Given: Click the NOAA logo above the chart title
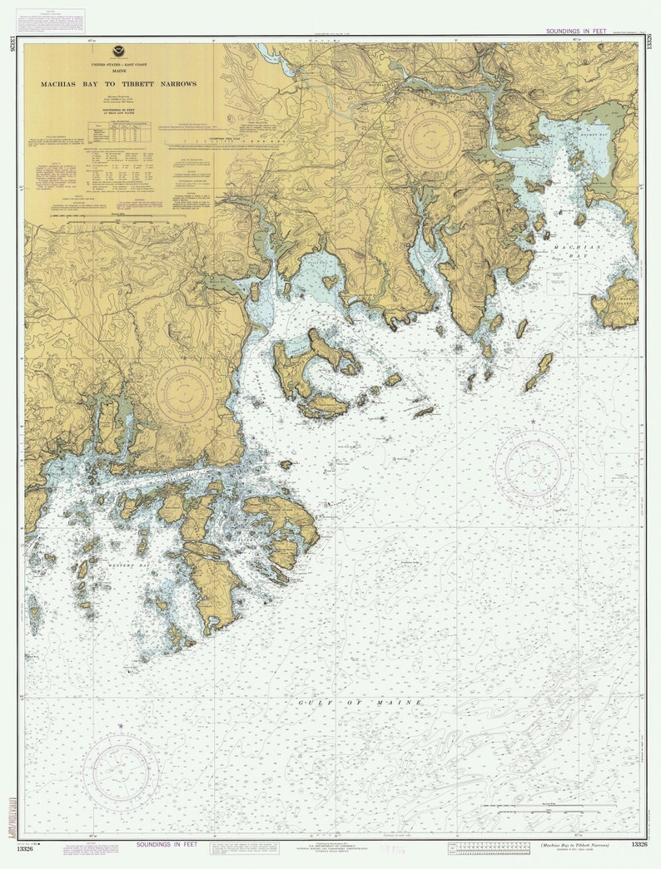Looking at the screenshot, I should point(118,52).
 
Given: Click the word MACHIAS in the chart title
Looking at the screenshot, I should point(62,84).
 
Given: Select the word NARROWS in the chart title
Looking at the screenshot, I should point(179,84).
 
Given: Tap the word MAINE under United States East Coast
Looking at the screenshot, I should point(118,69).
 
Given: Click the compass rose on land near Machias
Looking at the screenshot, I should point(431,137).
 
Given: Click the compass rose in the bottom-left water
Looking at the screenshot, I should point(122,773).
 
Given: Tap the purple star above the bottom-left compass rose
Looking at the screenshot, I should point(121,726).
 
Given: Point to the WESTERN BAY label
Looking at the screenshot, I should point(127,565).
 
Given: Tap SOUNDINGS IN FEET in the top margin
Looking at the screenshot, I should point(576,31).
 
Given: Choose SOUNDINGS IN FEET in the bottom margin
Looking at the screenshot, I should point(166,844).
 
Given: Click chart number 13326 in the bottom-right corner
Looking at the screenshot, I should point(639,845).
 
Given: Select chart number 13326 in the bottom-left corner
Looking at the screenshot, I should point(25,849).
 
